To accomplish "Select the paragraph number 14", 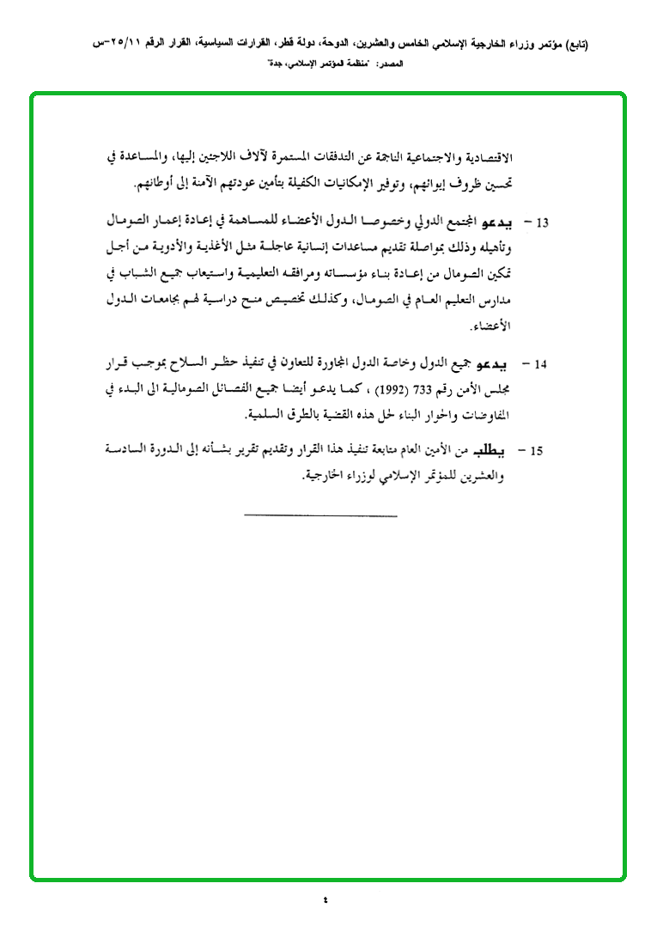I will pos(541,364).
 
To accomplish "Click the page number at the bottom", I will pos(325,900).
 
